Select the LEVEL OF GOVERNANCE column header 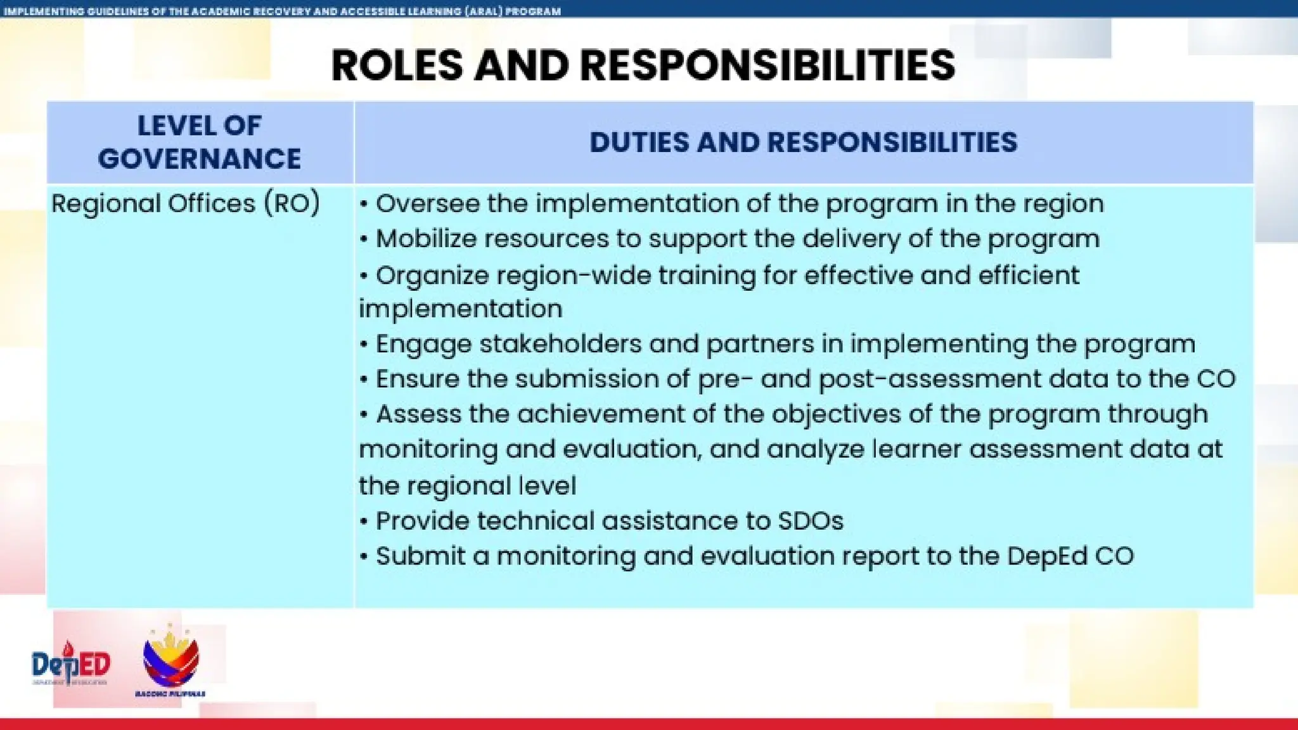[x=199, y=142]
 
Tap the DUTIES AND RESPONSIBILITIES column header [x=803, y=142]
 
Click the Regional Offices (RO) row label [x=185, y=204]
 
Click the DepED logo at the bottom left [x=71, y=664]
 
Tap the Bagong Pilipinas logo [x=170, y=661]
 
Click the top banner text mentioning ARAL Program [x=282, y=11]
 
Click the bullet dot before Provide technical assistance [x=364, y=522]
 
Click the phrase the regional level [x=467, y=486]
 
